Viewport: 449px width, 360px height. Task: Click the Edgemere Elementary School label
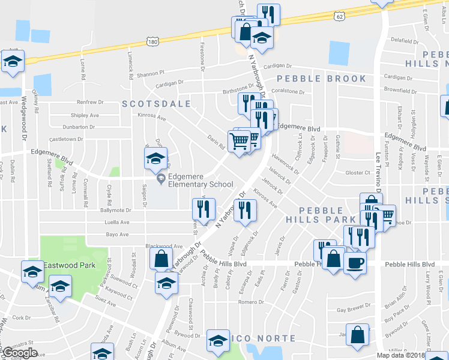[200, 180]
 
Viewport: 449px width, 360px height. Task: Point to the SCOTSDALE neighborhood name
[156, 104]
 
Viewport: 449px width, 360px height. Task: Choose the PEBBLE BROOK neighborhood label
[321, 79]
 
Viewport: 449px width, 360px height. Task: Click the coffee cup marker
[354, 262]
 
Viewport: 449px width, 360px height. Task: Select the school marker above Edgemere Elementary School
[155, 159]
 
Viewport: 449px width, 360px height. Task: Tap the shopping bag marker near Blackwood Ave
[161, 259]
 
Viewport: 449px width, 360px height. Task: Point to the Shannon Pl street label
[150, 74]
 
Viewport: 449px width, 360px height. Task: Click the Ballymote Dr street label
[115, 210]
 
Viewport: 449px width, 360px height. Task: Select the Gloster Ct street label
[360, 172]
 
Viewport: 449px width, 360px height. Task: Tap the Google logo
[20, 353]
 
